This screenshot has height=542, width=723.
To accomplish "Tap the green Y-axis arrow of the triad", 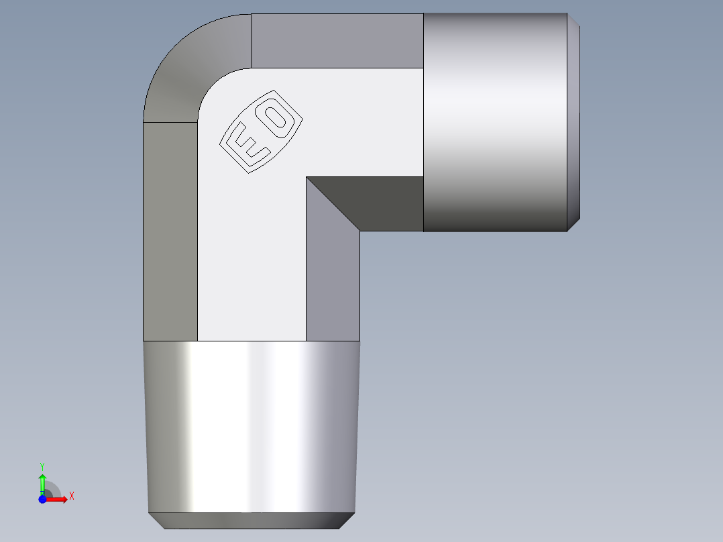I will tap(42, 482).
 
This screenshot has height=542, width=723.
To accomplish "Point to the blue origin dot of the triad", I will tap(42, 499).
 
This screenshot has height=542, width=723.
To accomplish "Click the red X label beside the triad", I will tap(72, 496).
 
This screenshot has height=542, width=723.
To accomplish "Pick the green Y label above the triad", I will tap(42, 466).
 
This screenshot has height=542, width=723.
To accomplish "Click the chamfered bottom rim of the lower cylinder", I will tap(252, 521).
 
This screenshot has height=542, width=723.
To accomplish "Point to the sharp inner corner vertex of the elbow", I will tap(307, 177).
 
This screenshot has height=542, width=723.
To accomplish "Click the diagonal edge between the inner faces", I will tap(333, 204).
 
